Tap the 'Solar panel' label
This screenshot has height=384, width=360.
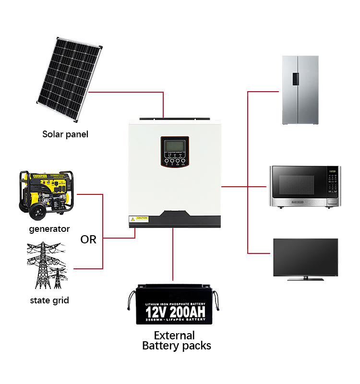65,134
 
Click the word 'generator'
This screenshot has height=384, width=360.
49,229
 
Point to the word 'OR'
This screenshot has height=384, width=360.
88,239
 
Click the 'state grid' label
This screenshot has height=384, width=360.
49,300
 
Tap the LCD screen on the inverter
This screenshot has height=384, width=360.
174,146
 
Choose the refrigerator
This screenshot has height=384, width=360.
300,90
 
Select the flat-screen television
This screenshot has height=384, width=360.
305,258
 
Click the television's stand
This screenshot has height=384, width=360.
305,278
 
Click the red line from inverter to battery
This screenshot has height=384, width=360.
173,254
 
